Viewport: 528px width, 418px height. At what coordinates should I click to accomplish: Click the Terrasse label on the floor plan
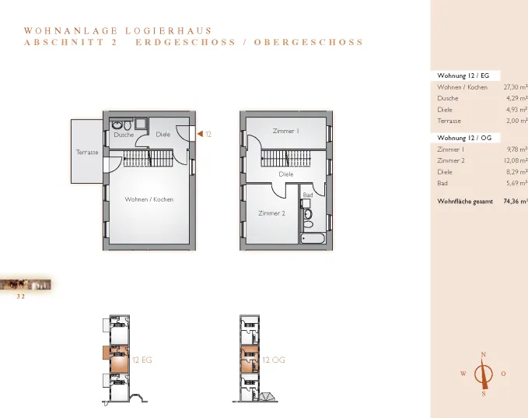[87, 152]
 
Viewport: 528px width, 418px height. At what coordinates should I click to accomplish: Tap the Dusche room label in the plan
[124, 135]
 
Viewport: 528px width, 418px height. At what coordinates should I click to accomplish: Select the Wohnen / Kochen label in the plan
[149, 199]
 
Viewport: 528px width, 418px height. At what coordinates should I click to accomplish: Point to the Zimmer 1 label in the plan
[286, 131]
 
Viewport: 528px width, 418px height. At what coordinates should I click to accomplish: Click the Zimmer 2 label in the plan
[271, 213]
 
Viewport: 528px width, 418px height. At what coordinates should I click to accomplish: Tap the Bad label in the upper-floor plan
[308, 195]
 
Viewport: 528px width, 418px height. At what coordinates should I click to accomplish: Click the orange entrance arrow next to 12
[200, 134]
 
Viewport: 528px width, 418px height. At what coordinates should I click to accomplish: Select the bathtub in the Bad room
[313, 238]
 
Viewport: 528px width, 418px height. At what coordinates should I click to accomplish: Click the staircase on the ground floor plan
[149, 159]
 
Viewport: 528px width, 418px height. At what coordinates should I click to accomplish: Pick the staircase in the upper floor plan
[286, 159]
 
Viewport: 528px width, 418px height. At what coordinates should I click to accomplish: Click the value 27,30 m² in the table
[516, 87]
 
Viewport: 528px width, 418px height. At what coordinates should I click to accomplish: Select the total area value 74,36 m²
[516, 202]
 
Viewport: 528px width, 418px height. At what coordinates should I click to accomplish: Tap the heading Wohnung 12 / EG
[463, 76]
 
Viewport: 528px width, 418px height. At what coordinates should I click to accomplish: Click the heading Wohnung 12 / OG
[464, 138]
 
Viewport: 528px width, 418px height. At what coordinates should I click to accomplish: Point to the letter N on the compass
[484, 355]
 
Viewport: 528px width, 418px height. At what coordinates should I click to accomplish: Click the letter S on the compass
[484, 394]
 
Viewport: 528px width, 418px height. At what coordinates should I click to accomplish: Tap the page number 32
[21, 297]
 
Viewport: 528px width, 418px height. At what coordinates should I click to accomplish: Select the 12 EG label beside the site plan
[142, 360]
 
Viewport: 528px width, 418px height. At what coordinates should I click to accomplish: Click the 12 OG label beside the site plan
[274, 360]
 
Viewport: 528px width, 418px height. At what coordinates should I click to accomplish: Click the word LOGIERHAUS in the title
[169, 31]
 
